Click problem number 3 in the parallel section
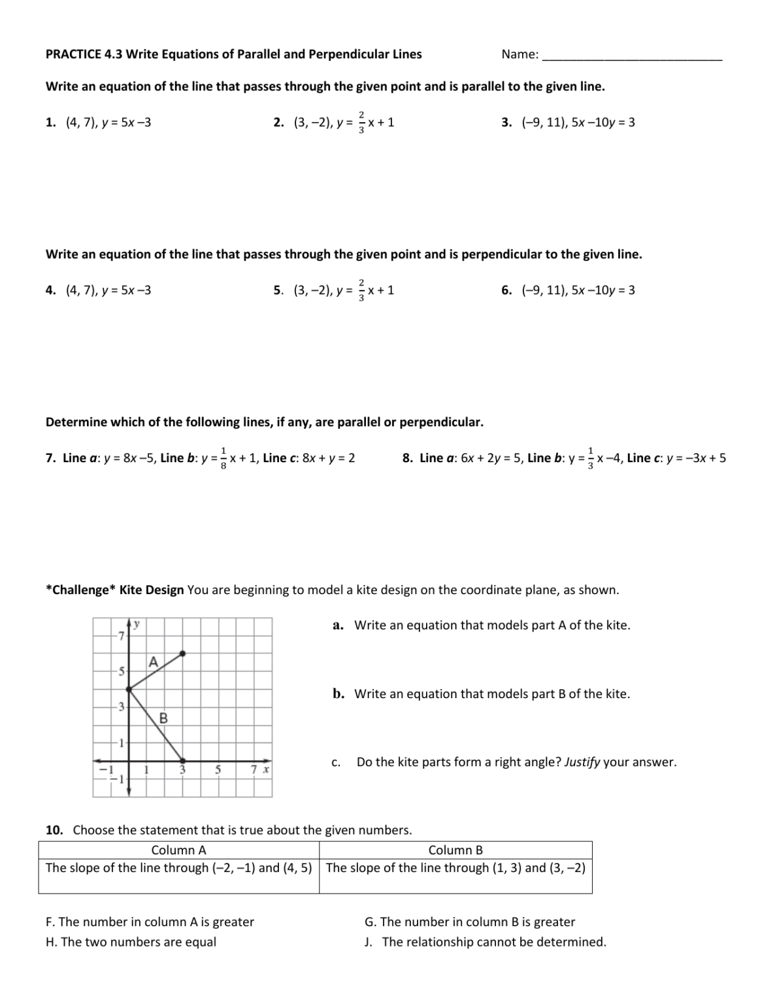(506, 122)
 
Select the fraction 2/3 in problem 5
(362, 290)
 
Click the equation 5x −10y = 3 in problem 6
(602, 290)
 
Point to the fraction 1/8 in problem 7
(223, 458)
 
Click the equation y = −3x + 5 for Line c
(696, 458)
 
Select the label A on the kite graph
(154, 661)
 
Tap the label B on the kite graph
(163, 718)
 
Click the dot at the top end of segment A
(182, 653)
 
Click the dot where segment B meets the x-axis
(182, 760)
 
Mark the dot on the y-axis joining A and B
(129, 688)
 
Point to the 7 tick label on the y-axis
(120, 635)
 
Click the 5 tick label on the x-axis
(219, 770)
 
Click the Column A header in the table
(178, 850)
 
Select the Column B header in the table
(455, 850)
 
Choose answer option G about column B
(469, 922)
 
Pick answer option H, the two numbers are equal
(131, 942)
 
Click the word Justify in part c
(582, 762)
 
